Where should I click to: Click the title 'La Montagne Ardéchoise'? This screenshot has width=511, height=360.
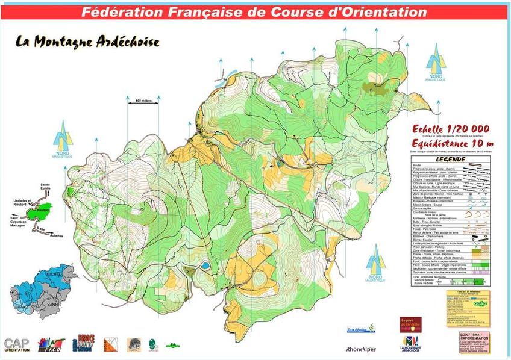click(88, 42)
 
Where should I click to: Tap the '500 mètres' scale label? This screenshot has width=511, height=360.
click(143, 101)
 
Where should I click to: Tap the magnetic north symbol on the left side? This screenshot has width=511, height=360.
click(62, 139)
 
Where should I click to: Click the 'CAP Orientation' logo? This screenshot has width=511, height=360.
click(17, 344)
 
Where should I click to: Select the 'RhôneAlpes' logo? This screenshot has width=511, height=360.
click(361, 348)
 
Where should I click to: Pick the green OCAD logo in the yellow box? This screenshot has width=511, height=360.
click(480, 304)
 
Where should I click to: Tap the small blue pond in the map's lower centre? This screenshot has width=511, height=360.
click(205, 265)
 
